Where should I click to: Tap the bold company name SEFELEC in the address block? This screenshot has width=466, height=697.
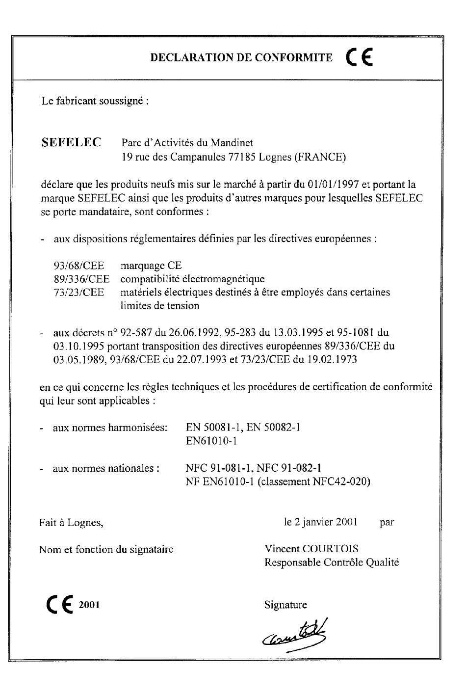tap(72, 143)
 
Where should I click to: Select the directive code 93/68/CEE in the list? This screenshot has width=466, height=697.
tap(79, 266)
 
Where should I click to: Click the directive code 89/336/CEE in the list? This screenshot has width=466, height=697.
tap(81, 279)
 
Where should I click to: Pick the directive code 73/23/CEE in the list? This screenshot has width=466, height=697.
tap(79, 292)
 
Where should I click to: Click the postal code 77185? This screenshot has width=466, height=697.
tap(242, 158)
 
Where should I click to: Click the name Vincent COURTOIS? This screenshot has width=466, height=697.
tap(311, 549)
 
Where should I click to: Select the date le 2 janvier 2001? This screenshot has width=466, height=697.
tap(321, 522)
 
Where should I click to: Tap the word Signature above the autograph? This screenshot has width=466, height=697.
tap(285, 605)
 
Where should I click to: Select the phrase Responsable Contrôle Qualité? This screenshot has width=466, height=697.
tap(332, 563)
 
